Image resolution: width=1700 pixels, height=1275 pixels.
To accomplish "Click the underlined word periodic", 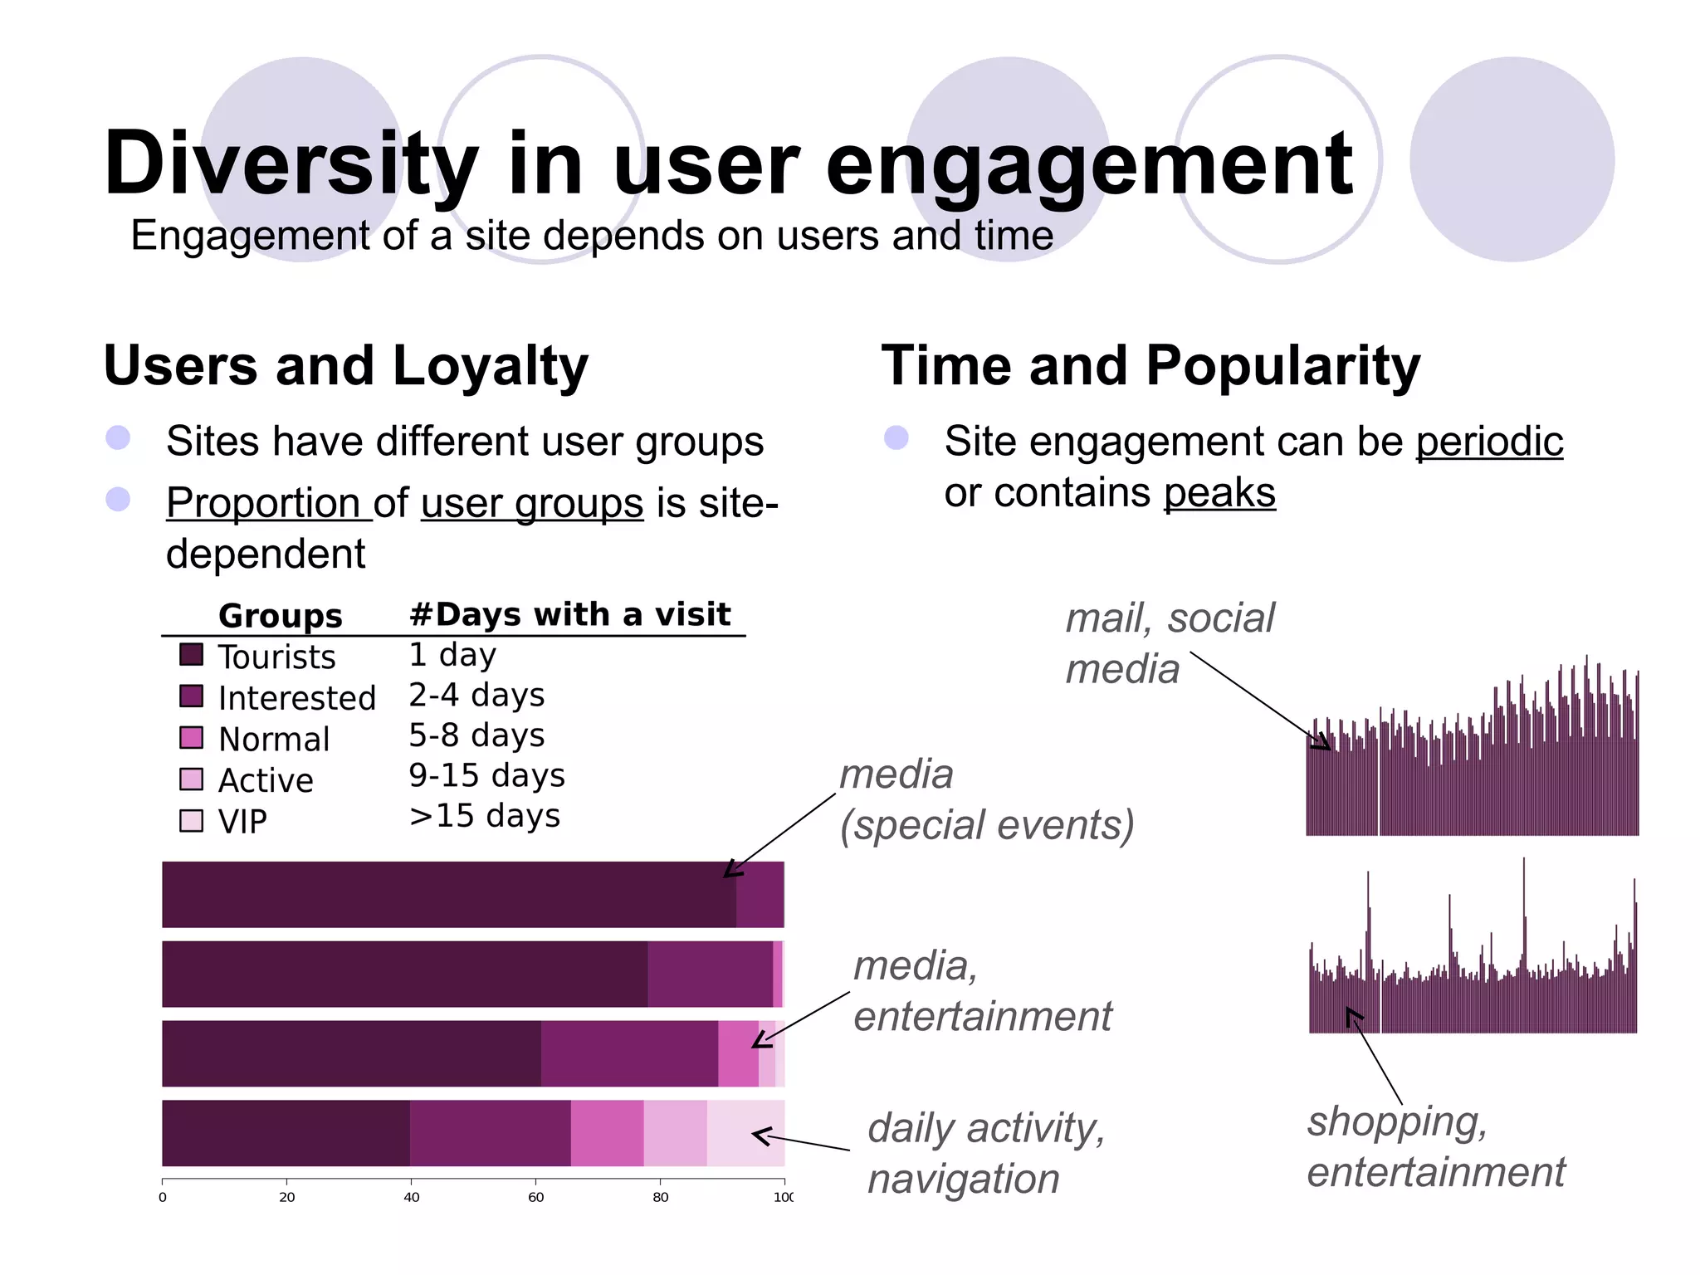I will coord(1489,442).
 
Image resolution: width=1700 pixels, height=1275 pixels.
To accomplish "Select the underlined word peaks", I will coord(1219,493).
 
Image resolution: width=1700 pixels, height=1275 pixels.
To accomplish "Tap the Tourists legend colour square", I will coord(191,654).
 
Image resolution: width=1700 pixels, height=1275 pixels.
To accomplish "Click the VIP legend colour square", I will coord(191,820).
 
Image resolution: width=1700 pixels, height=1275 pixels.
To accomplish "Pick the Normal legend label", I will coord(274,739).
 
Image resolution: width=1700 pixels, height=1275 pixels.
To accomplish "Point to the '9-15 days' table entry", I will coord(486,775).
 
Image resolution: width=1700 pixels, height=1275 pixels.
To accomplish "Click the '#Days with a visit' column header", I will coord(569,614).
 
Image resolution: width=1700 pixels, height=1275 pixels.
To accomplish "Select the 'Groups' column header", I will coord(281,616).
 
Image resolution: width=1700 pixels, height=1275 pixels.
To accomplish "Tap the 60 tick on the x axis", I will coord(536,1196).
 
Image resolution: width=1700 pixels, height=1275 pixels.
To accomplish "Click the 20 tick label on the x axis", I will coord(287,1196).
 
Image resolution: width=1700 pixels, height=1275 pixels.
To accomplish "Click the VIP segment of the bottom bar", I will coord(745,1133).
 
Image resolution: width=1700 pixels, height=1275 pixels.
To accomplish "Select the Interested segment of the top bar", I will coord(760,894).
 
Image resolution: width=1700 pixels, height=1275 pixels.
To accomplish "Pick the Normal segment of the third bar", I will coord(738,1053).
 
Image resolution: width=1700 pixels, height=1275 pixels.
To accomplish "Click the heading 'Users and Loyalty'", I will coord(345,366).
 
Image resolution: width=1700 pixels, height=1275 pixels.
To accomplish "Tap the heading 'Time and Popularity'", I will coord(1150,366).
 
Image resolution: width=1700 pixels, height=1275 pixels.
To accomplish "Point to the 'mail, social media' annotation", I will coord(1169,643).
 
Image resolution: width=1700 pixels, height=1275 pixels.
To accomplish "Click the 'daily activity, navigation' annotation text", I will coord(986,1153).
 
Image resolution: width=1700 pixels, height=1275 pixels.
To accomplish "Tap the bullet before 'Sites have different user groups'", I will coord(119,438).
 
